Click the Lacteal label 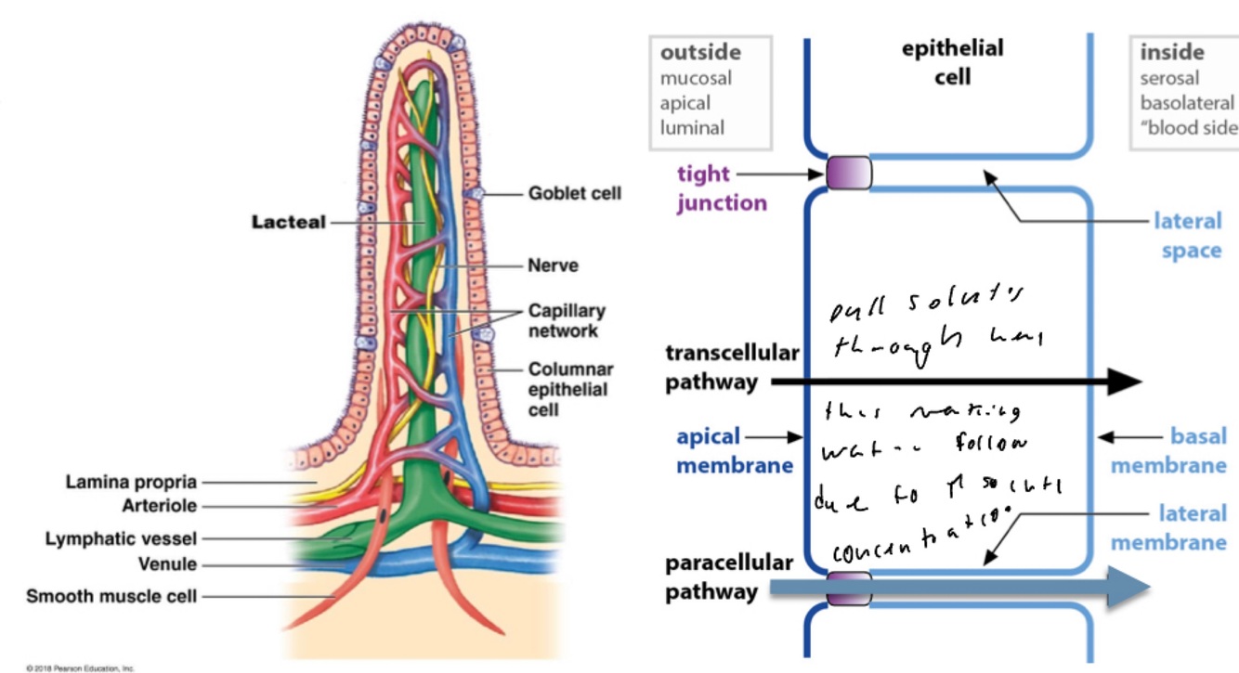[x=289, y=224]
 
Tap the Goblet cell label [x=574, y=194]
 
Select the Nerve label [x=553, y=265]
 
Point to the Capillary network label [x=567, y=320]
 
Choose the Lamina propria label [x=131, y=482]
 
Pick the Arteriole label [x=159, y=506]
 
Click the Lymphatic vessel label [x=121, y=538]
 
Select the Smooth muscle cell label [x=111, y=596]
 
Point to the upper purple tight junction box [x=848, y=173]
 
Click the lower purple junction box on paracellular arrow [x=848, y=589]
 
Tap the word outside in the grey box [x=700, y=53]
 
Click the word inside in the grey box [x=1172, y=53]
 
